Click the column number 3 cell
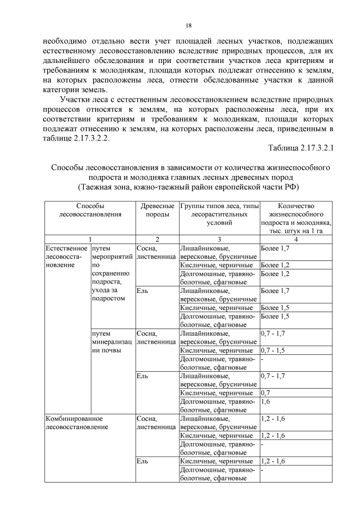(x=219, y=240)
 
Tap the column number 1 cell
(x=90, y=240)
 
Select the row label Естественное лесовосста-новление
(x=66, y=256)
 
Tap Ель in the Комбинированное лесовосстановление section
(x=142, y=461)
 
